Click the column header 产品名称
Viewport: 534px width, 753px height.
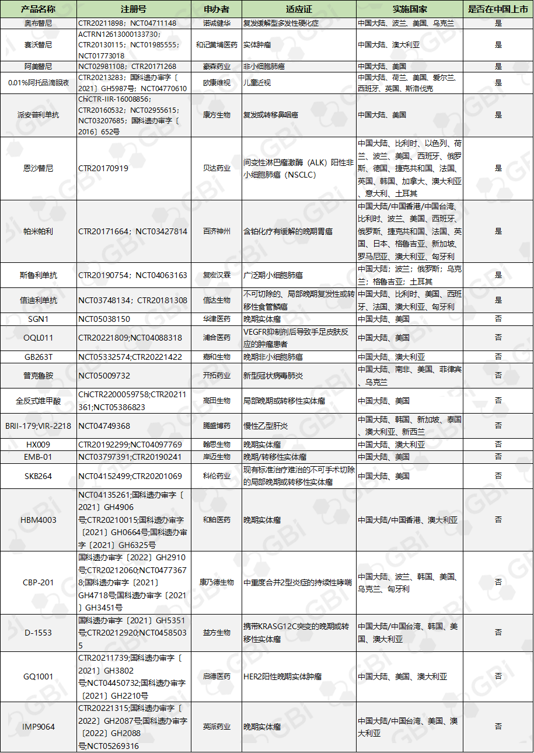[x=38, y=9]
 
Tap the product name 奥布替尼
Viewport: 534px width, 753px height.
[x=38, y=23]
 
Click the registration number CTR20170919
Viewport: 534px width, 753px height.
[x=103, y=168]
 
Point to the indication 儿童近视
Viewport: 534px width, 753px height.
[x=257, y=83]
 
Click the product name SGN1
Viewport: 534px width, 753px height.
[x=38, y=319]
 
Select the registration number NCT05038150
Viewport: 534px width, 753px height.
[x=104, y=319]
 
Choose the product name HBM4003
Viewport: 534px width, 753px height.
[x=38, y=520]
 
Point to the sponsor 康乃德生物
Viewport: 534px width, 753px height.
[x=217, y=582]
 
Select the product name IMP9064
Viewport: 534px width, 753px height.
[x=38, y=727]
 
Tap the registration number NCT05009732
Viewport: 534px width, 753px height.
[x=104, y=376]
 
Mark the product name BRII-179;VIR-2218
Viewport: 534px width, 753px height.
[x=38, y=426]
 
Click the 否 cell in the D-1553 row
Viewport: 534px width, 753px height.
[x=498, y=633]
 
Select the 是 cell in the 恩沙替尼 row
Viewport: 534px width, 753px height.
[x=498, y=168]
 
